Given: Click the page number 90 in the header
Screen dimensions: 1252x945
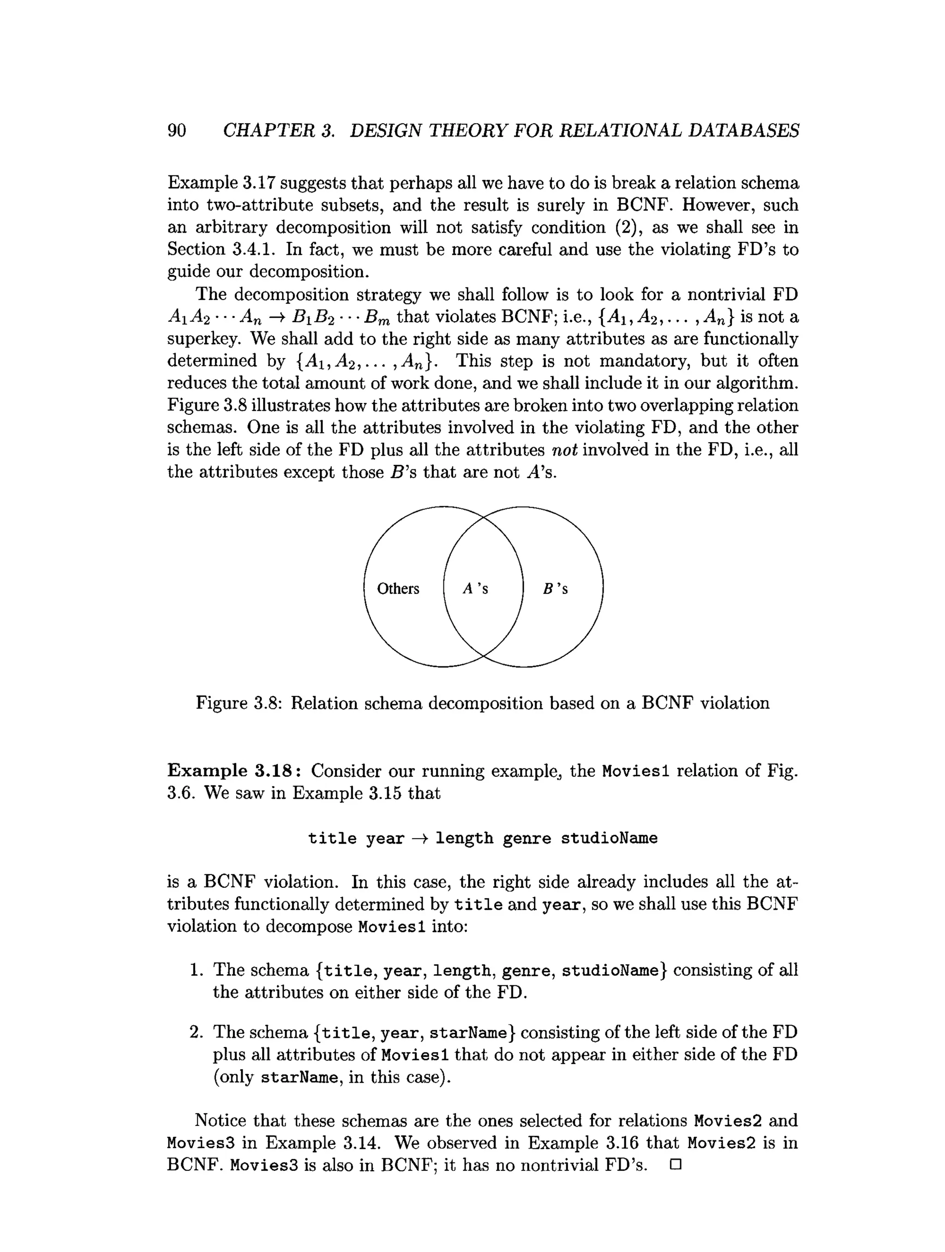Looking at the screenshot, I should click(x=177, y=131).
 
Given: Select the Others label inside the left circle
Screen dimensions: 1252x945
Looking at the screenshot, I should click(x=398, y=589).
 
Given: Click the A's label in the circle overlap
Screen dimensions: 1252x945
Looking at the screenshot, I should click(x=475, y=589).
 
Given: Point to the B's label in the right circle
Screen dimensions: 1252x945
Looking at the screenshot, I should click(x=555, y=589).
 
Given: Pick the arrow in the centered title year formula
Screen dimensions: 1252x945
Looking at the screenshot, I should click(x=420, y=838).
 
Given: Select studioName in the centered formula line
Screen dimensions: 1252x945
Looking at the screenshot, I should click(x=609, y=838).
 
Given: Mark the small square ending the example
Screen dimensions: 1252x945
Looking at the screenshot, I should click(x=675, y=1165).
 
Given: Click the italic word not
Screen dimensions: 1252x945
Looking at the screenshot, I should click(x=564, y=450).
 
